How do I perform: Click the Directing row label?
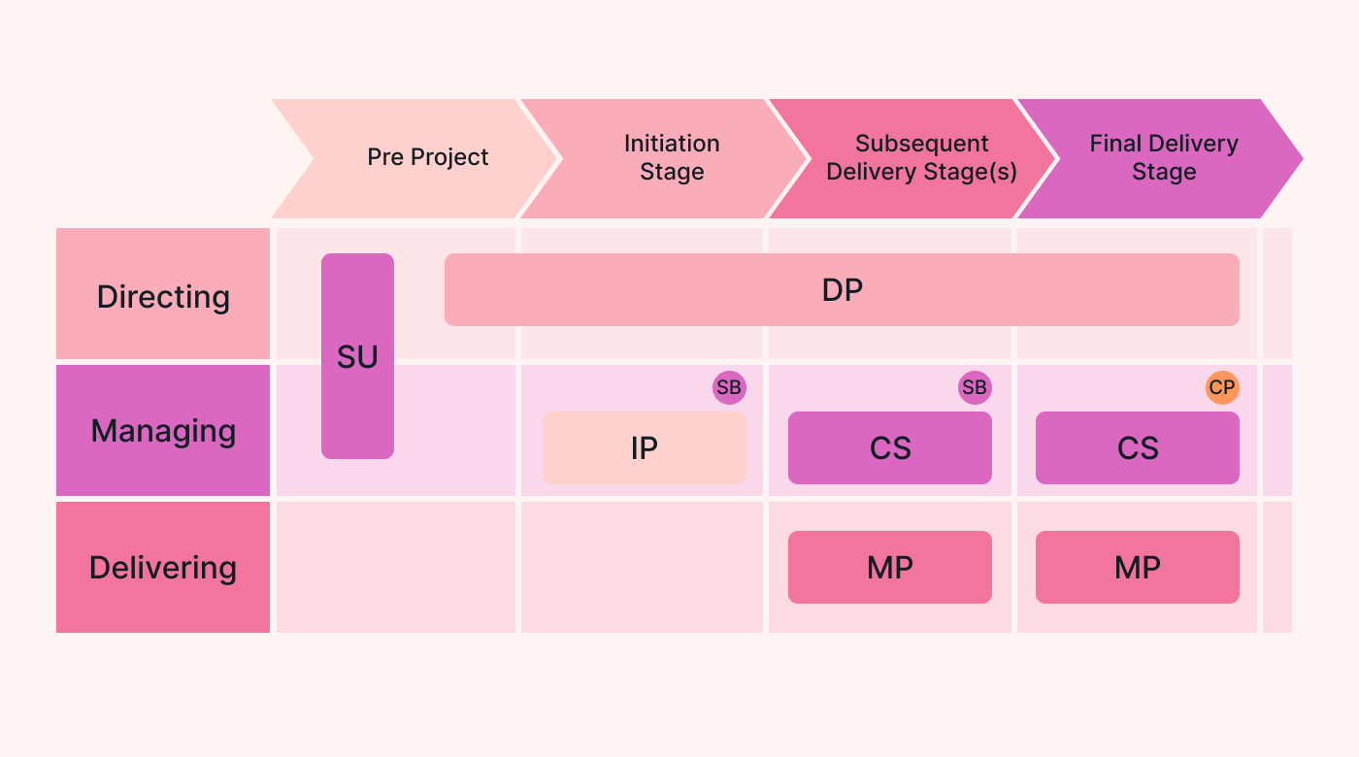pos(163,295)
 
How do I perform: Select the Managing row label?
pos(163,430)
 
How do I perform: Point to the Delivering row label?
pos(163,567)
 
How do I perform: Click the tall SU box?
pos(357,356)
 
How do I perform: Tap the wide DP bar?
pos(842,289)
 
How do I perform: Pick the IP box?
pos(645,447)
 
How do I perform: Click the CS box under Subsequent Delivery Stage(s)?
pos(890,447)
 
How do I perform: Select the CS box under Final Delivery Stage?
pos(1138,447)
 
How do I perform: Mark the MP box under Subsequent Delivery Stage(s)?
pos(890,567)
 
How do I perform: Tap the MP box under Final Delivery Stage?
pos(1138,567)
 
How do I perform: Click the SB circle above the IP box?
pos(729,388)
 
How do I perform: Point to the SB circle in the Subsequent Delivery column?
pos(974,388)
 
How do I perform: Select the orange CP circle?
pos(1222,388)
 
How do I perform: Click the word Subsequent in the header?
pos(921,144)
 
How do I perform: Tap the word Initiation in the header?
pos(672,144)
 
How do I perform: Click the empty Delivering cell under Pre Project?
pos(396,567)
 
